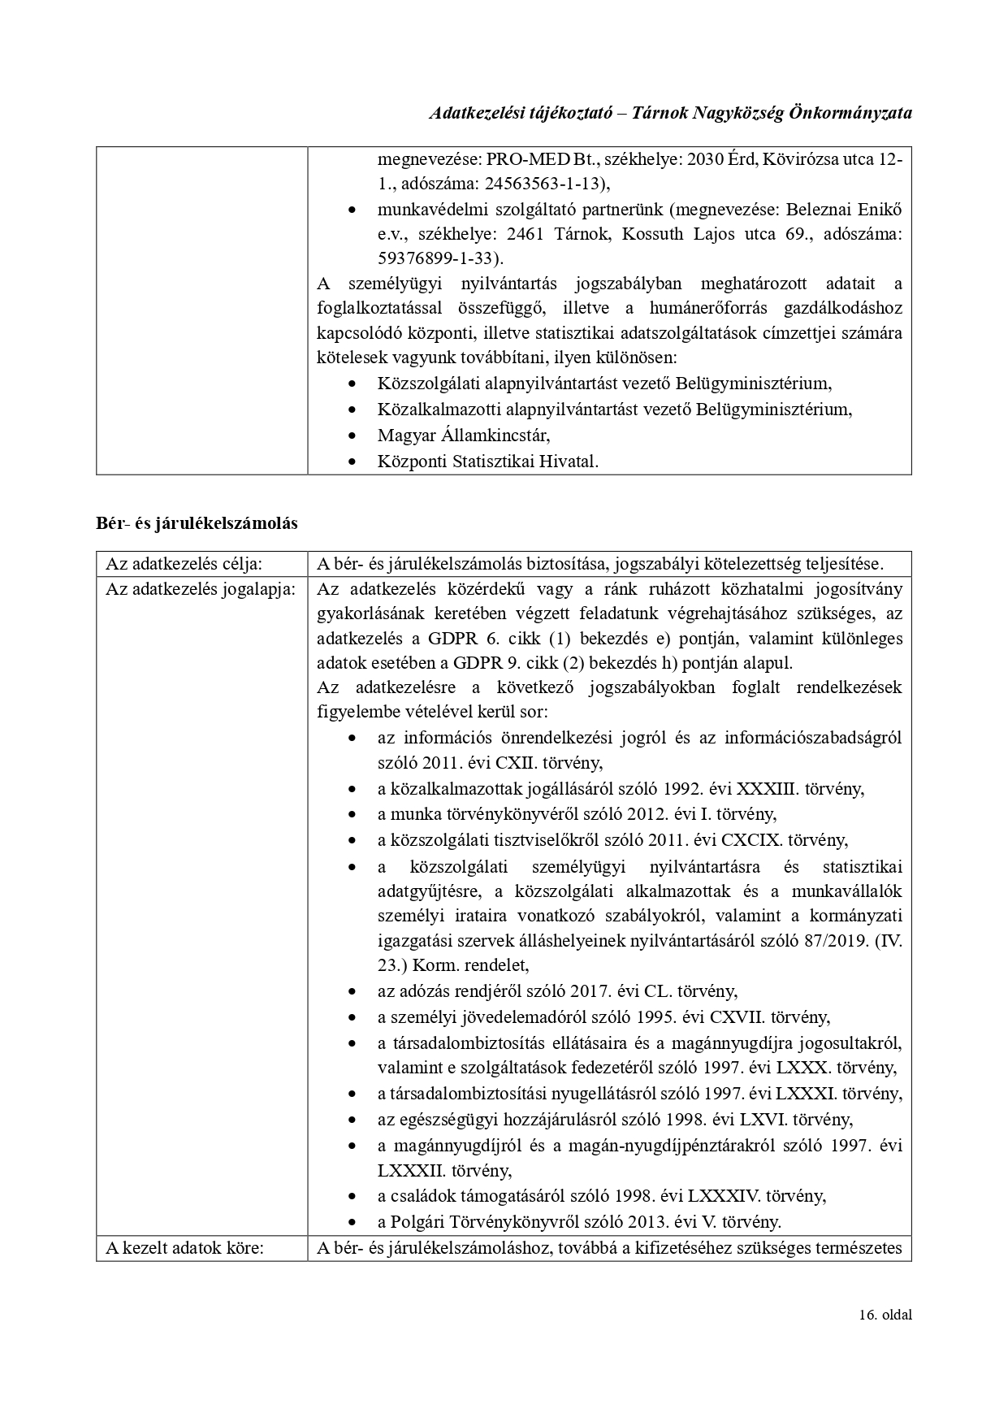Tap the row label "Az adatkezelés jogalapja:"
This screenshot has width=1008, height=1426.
click(201, 589)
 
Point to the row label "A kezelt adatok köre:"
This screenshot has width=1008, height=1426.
click(184, 1248)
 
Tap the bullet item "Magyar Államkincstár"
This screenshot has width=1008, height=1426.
click(463, 435)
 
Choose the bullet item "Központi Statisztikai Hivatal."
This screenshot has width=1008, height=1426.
click(487, 461)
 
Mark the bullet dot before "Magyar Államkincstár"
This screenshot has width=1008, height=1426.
click(351, 436)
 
